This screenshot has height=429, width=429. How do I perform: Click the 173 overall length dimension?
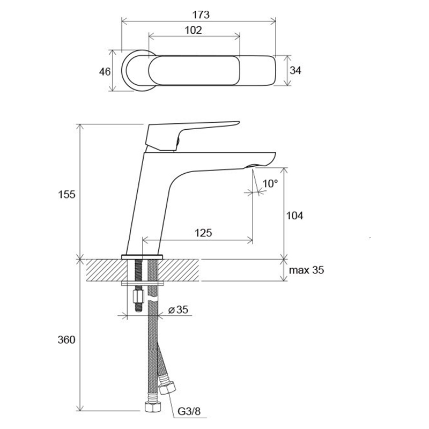(x=201, y=14)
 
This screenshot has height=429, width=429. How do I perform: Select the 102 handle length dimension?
(x=194, y=30)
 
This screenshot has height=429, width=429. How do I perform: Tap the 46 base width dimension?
(x=105, y=72)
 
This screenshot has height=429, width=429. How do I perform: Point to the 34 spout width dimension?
(x=295, y=71)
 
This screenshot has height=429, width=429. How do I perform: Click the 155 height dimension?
(x=66, y=195)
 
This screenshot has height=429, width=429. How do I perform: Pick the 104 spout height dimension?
(x=294, y=216)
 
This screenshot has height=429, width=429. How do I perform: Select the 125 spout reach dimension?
(x=203, y=233)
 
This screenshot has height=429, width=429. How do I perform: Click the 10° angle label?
(x=270, y=183)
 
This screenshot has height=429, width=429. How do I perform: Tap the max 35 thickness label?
(x=306, y=270)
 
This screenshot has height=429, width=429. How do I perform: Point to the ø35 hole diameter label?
(x=178, y=310)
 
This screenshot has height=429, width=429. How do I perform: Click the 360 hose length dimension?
(x=66, y=340)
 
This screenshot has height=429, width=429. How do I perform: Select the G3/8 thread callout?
(x=189, y=411)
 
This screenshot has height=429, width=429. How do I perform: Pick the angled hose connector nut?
(x=167, y=386)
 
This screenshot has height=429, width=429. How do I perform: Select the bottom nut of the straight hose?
(x=152, y=407)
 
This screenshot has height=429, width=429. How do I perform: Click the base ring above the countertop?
(x=142, y=257)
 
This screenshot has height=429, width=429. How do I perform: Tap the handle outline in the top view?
(x=194, y=70)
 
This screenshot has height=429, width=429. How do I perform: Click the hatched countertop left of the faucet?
(x=104, y=270)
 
